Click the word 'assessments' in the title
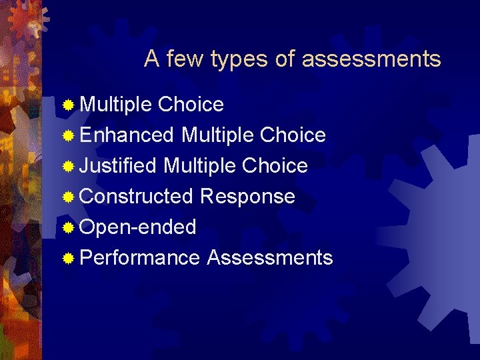[371, 59]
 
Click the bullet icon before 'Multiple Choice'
[68, 105]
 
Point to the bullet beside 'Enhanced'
[68, 136]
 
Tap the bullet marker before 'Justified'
[68, 167]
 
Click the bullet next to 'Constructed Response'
[68, 197]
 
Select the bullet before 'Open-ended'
[68, 228]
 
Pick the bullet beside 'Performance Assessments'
[68, 259]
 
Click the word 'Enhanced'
[127, 135]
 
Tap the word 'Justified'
[118, 166]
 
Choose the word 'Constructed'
[136, 197]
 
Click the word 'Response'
[247, 197]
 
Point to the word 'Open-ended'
[138, 227]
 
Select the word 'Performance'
[139, 258]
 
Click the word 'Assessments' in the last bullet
[269, 258]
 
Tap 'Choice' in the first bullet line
[191, 105]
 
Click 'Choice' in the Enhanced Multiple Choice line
[293, 135]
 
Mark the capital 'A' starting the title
[151, 59]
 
